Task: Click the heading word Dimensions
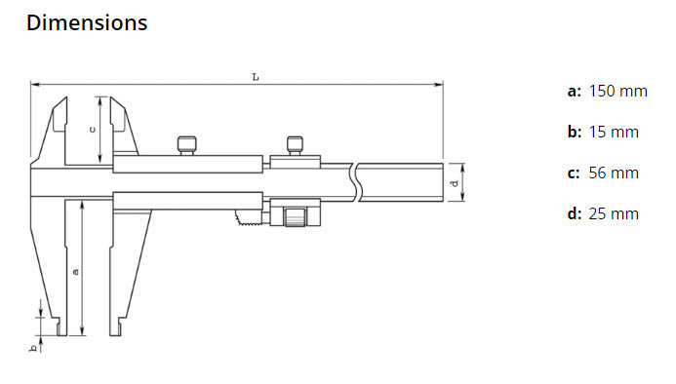coord(87,22)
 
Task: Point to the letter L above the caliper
coord(256,77)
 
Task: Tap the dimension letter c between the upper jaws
coord(92,129)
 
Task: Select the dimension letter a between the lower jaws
coord(76,272)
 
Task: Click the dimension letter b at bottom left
coord(33,348)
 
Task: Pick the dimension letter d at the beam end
coord(455,183)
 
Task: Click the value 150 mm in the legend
coord(617,92)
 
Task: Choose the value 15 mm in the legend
coord(614,133)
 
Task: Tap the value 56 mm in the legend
coord(614,173)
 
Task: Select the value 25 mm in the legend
coord(614,214)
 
